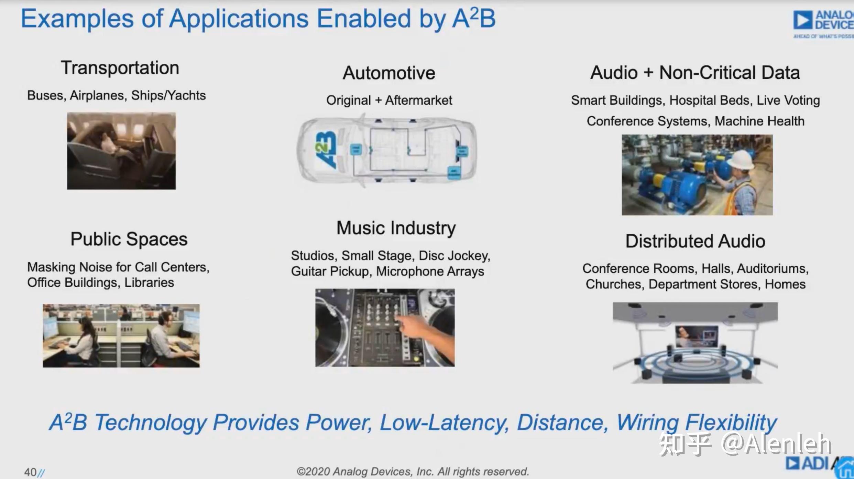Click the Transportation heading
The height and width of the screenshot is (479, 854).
(x=120, y=68)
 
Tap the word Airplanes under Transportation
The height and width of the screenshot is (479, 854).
(x=97, y=95)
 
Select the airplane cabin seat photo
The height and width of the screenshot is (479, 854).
(x=121, y=151)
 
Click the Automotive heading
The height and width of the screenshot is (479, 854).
(x=389, y=73)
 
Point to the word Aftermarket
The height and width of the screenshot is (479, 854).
(x=418, y=100)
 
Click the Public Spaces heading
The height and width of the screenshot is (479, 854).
(x=129, y=239)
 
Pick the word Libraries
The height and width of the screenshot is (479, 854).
(x=149, y=283)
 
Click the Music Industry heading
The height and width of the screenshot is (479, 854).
(x=396, y=228)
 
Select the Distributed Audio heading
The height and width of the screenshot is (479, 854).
(x=695, y=241)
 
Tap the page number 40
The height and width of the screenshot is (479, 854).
(x=30, y=472)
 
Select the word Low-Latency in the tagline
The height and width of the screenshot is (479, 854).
(x=444, y=422)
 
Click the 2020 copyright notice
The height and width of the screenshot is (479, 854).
(x=412, y=471)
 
